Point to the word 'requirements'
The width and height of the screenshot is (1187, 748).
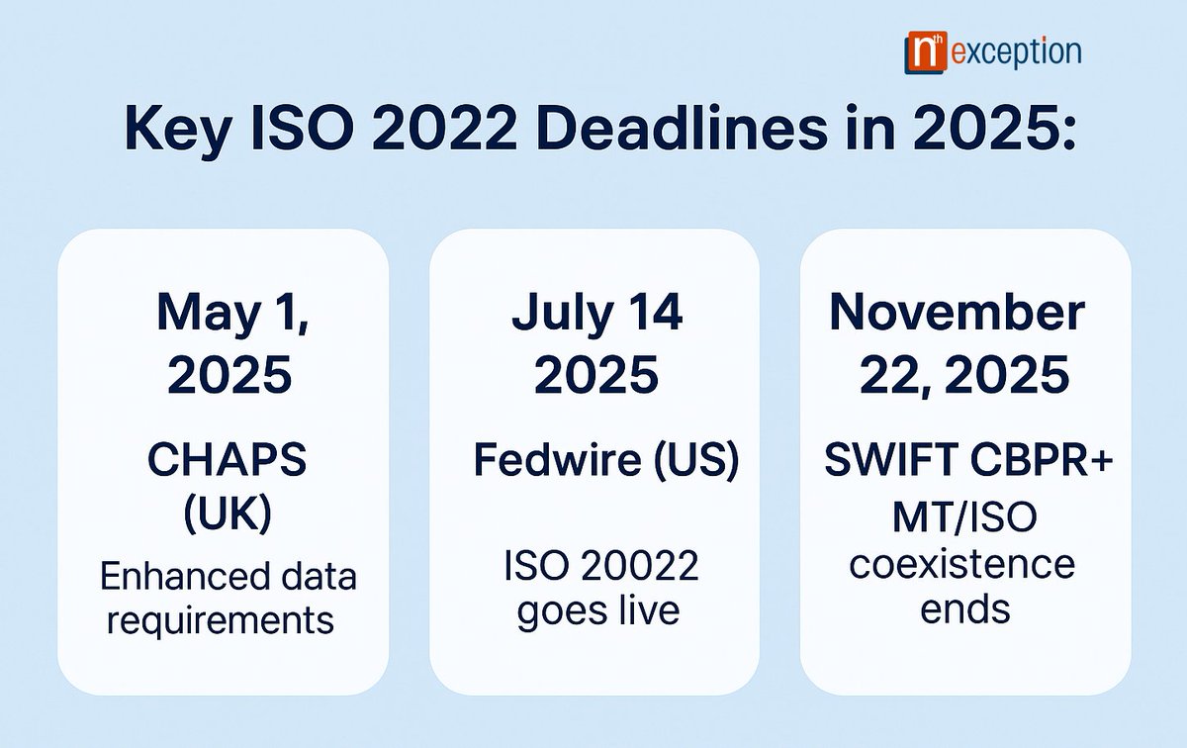pyautogui.click(x=221, y=620)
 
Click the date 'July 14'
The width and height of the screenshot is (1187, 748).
pyautogui.click(x=596, y=315)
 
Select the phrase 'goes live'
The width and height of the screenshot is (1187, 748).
pyautogui.click(x=596, y=609)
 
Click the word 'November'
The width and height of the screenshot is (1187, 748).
pyautogui.click(x=957, y=313)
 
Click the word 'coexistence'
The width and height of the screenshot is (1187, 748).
pyautogui.click(x=962, y=565)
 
